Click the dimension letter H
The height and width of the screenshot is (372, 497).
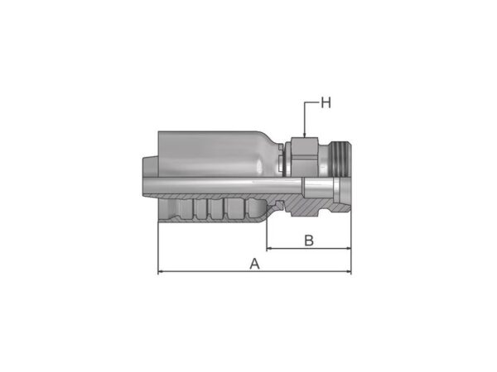pos(326,103)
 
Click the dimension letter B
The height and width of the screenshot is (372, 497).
pos(309,241)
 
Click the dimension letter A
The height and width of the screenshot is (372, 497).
pos(254,264)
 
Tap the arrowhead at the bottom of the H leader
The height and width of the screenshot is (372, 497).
pos(304,135)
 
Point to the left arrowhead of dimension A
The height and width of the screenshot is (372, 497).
pos(161,271)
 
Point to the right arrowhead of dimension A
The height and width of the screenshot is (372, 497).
pos(348,271)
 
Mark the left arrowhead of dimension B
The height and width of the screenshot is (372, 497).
pos(270,249)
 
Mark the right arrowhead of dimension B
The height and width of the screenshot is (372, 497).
pos(348,249)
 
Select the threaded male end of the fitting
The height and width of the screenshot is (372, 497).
pos(341,159)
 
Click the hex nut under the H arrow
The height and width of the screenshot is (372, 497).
pos(304,156)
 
